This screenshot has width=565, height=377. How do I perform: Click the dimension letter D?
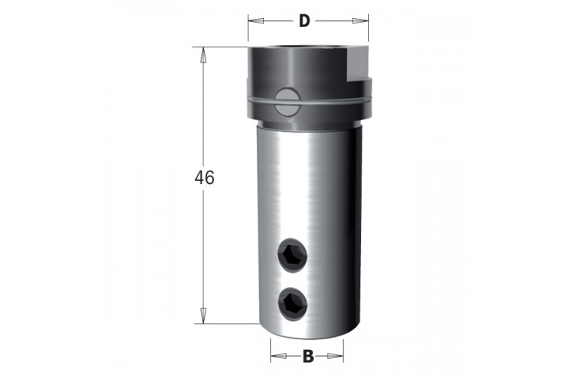(x=304, y=21)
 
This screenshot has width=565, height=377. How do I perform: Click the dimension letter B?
(x=308, y=356)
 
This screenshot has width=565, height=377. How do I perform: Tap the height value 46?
(x=204, y=178)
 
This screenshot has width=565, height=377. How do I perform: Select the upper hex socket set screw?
(x=292, y=255)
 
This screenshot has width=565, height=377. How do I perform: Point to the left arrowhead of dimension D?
(x=256, y=21)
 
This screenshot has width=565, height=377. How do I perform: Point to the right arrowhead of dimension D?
(x=361, y=21)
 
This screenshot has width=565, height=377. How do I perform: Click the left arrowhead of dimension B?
(x=279, y=356)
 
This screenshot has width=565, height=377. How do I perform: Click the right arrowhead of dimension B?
(x=335, y=356)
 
